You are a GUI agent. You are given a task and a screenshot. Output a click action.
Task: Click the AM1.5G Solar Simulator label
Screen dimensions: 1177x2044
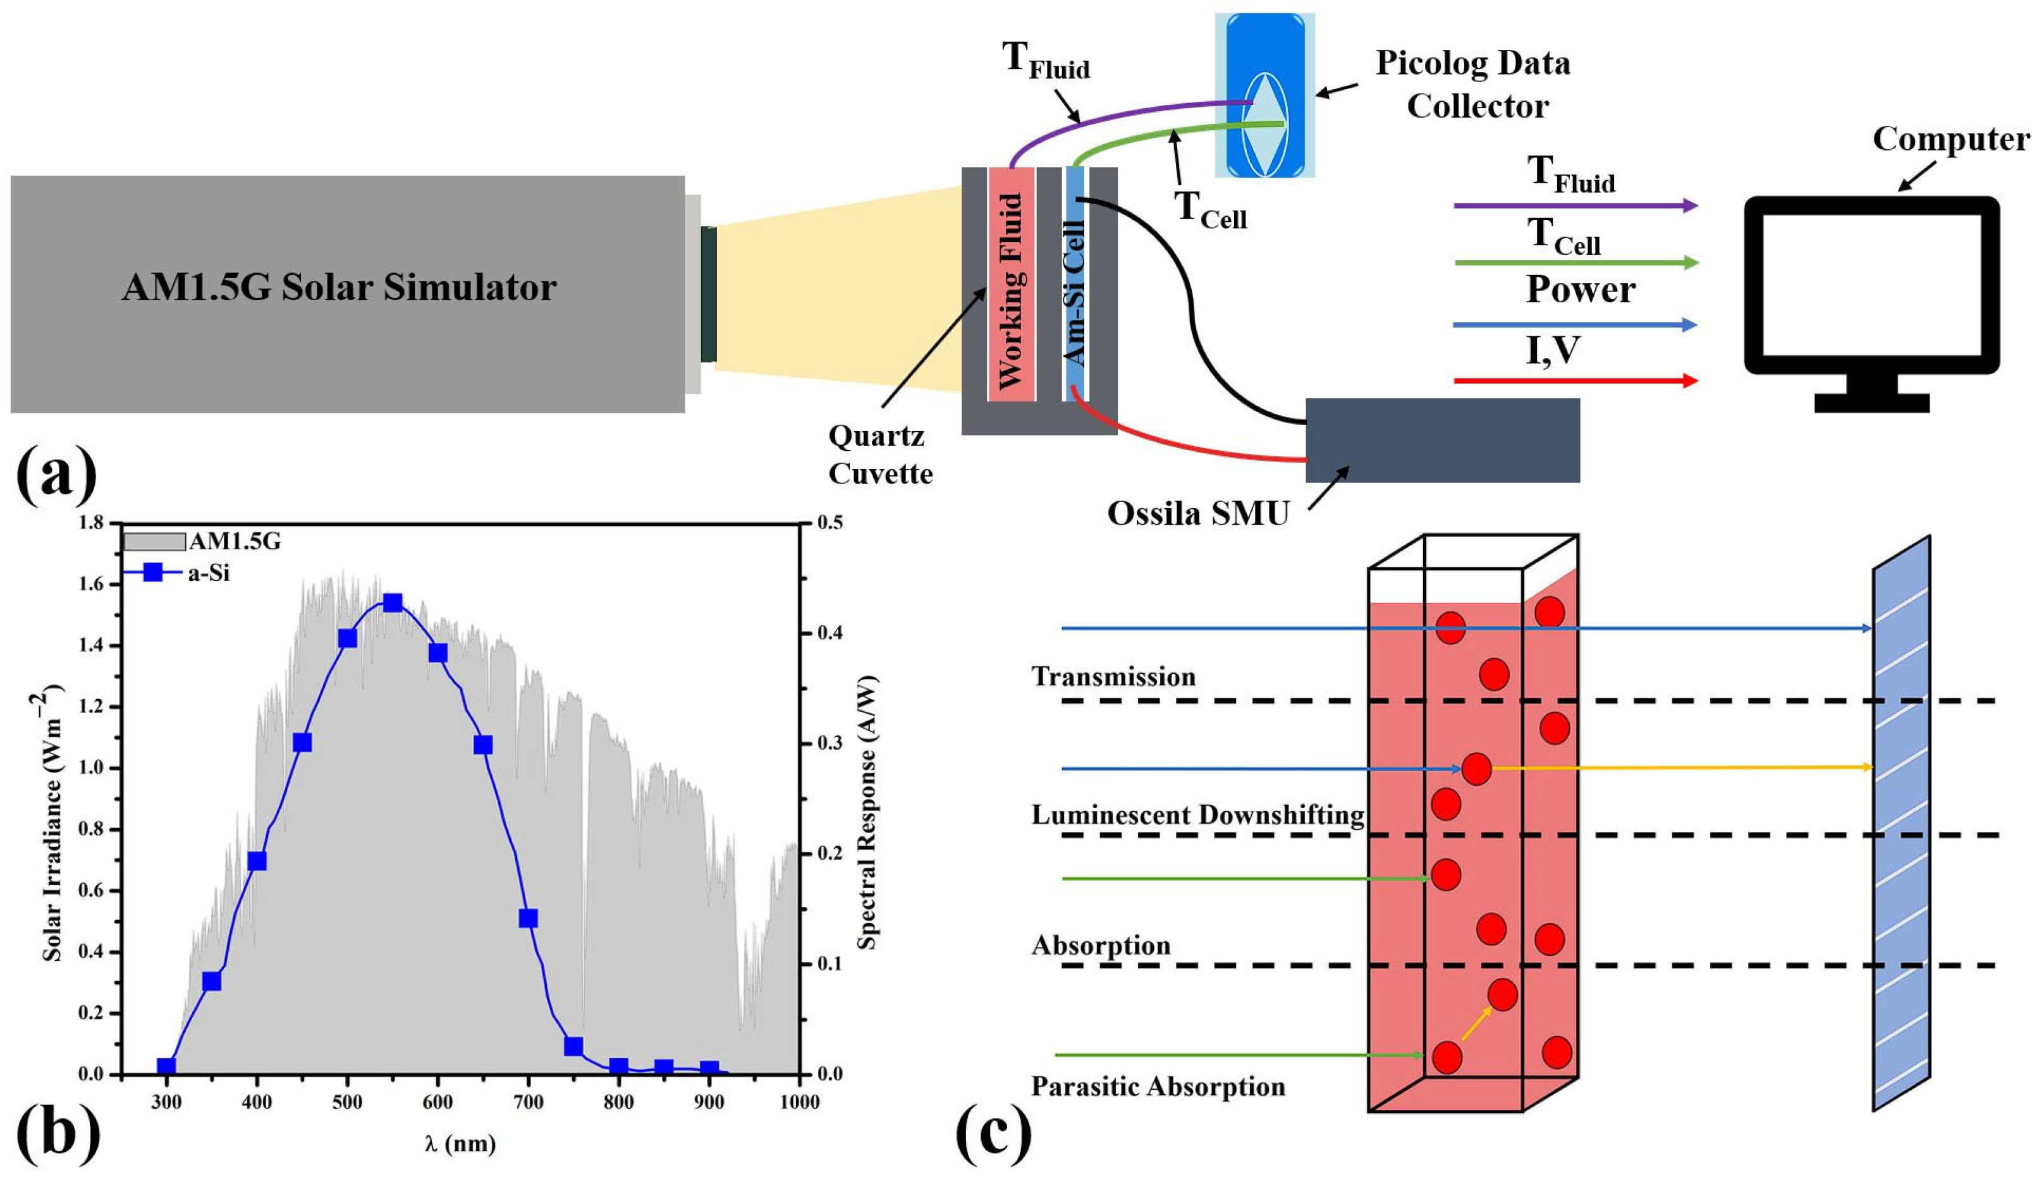(x=339, y=288)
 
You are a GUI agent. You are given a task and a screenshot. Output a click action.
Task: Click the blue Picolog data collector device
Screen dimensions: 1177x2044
(x=1264, y=95)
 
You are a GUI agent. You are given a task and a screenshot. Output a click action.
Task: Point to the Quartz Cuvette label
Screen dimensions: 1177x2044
(x=879, y=454)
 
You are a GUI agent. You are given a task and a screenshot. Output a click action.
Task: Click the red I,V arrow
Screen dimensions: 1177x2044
(x=1574, y=381)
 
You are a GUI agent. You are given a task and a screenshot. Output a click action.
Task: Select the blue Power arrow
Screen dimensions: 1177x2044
(x=1574, y=325)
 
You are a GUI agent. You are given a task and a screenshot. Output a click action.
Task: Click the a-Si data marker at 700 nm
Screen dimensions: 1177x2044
(x=528, y=918)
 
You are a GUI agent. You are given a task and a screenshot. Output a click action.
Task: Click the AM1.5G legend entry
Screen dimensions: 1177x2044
(x=202, y=542)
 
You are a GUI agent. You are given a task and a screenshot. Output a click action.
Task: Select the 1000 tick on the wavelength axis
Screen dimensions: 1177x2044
(x=799, y=1102)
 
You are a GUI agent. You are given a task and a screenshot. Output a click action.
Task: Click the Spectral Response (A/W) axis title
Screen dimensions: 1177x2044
(x=867, y=812)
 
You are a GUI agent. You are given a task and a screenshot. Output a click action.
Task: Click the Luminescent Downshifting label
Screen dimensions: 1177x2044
(x=1197, y=815)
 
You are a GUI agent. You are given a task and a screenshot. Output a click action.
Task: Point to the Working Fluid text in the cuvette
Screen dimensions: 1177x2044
(x=1012, y=291)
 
